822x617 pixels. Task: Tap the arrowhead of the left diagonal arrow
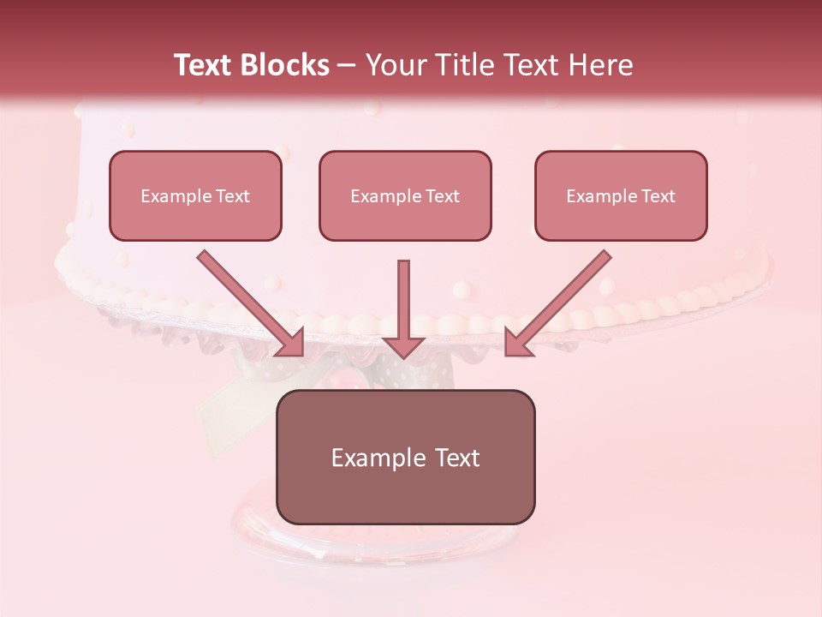(x=291, y=343)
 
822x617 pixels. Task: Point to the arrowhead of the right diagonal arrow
(x=517, y=343)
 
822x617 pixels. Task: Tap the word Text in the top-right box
(x=658, y=196)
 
